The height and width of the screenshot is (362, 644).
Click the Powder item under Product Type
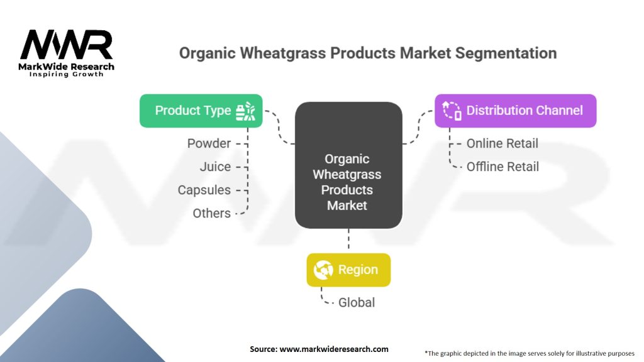[x=209, y=143]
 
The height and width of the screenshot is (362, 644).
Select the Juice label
[x=215, y=167]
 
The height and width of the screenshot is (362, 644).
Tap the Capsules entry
[x=204, y=190]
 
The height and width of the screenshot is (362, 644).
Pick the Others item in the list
[x=211, y=214]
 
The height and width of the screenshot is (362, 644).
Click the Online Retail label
[x=502, y=143]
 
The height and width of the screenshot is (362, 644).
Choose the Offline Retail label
[x=502, y=167]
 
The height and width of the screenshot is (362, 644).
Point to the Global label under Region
[x=357, y=302]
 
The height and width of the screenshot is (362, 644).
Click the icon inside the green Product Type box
[x=246, y=111]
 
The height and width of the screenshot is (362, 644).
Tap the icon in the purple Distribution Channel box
[x=452, y=111]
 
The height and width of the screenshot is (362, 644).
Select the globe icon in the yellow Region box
[x=323, y=270]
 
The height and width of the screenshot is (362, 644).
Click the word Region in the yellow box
[x=358, y=270]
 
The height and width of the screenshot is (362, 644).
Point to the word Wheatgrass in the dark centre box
[x=347, y=175]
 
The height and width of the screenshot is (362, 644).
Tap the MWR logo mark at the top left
[x=67, y=45]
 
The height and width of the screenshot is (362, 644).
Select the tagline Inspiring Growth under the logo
[x=66, y=74]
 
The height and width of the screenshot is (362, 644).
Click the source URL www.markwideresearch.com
[x=334, y=349]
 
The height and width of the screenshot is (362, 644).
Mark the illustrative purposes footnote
[x=530, y=353]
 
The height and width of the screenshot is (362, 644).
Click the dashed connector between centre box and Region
[x=348, y=239]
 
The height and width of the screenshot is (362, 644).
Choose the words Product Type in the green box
[x=193, y=111]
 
